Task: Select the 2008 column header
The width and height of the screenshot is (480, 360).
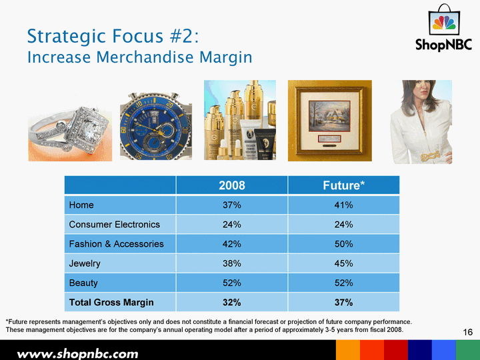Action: [232, 185]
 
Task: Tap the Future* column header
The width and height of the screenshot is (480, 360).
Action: [343, 185]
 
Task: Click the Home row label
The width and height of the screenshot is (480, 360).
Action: [81, 205]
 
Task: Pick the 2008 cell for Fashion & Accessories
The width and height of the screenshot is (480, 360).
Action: [232, 244]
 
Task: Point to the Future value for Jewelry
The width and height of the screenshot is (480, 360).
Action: [343, 263]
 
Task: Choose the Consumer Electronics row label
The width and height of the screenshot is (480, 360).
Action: [115, 225]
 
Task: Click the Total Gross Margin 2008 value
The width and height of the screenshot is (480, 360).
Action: [232, 303]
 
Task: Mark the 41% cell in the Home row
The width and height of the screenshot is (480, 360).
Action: [343, 205]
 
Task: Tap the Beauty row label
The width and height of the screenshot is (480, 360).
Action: [83, 283]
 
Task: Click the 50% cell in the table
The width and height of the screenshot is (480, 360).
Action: [343, 244]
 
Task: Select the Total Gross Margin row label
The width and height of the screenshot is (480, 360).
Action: [111, 303]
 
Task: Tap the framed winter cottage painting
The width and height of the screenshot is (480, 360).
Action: [330, 121]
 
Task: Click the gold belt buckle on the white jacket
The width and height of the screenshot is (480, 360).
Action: [431, 156]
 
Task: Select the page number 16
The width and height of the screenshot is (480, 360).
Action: [468, 332]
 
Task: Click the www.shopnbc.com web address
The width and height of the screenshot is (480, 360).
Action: [78, 354]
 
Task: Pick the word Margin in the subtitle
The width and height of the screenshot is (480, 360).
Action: [226, 57]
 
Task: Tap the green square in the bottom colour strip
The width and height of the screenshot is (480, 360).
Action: [468, 350]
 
